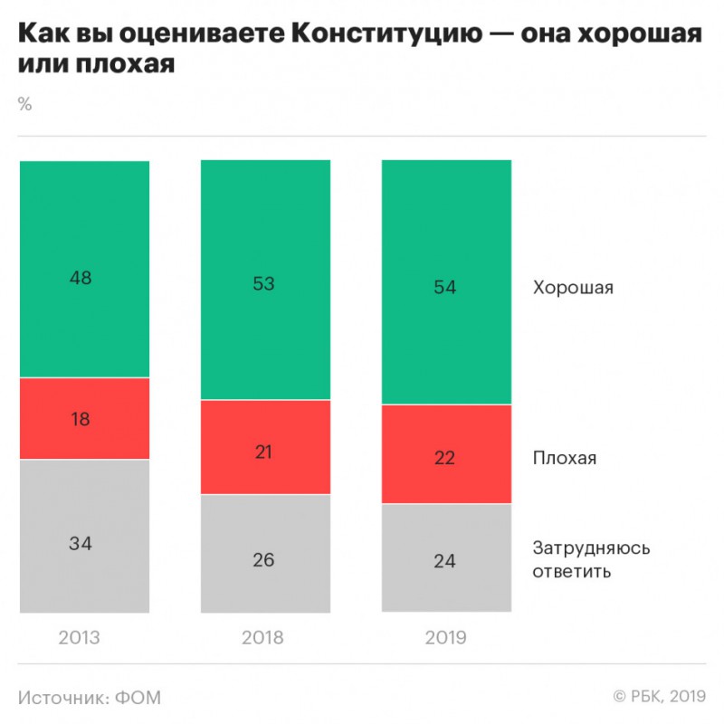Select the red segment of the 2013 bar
click(84, 418)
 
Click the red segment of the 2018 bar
click(265, 447)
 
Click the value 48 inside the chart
click(81, 278)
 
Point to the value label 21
click(262, 452)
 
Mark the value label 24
click(444, 560)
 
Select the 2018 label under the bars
click(262, 638)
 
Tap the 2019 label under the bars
click(445, 638)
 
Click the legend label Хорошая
click(573, 289)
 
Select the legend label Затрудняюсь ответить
click(591, 559)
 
